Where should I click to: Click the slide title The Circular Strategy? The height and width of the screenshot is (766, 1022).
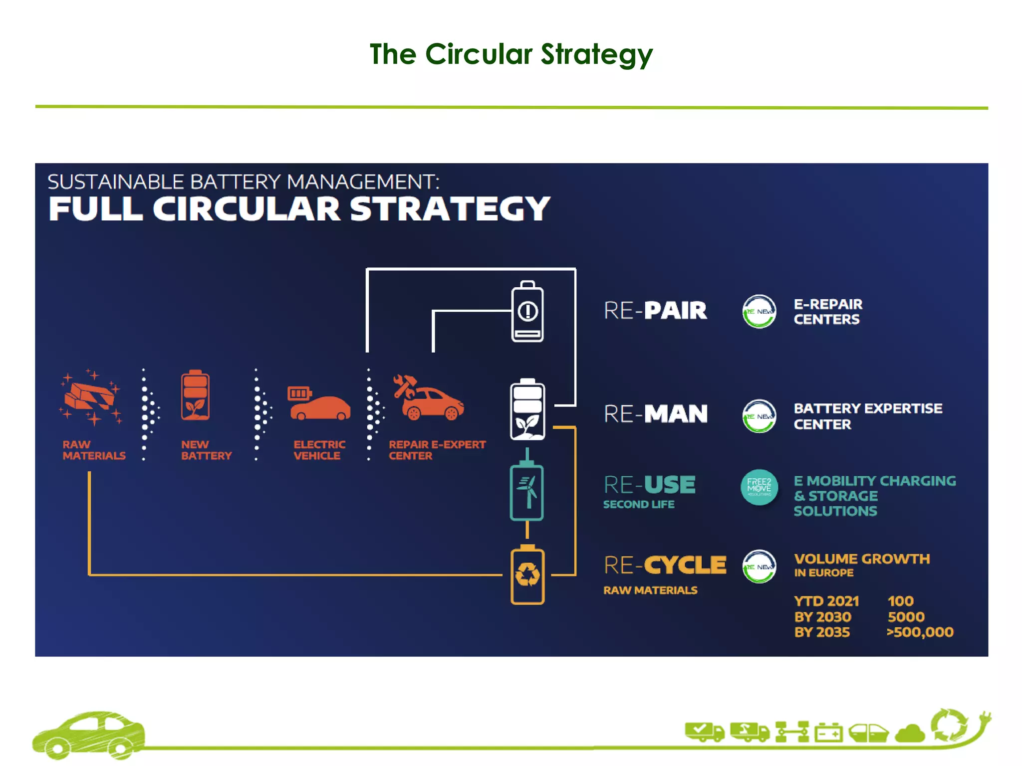[x=511, y=54]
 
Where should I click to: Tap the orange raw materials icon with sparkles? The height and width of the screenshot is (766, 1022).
[x=91, y=397]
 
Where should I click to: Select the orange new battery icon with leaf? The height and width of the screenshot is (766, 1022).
[x=195, y=396]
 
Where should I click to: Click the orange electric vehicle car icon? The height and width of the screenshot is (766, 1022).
[x=320, y=403]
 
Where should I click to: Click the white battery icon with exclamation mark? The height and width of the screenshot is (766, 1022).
[x=527, y=312]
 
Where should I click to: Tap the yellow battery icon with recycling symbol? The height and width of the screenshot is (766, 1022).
[x=527, y=575]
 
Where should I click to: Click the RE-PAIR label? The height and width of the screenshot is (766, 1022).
[x=655, y=310]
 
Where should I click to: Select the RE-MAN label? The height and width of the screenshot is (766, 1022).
[x=655, y=414]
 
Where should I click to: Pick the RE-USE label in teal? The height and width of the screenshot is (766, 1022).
[x=649, y=485]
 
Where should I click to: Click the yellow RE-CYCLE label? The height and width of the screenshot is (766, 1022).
[x=665, y=565]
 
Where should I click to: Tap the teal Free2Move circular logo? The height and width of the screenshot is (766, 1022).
[x=759, y=487]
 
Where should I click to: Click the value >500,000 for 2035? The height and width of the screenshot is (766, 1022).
[x=920, y=632]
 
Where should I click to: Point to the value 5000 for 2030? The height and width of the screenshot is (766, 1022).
[x=906, y=617]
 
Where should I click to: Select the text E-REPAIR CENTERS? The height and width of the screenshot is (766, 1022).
[x=828, y=312]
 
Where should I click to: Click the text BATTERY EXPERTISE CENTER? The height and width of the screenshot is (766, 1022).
[x=868, y=416]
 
